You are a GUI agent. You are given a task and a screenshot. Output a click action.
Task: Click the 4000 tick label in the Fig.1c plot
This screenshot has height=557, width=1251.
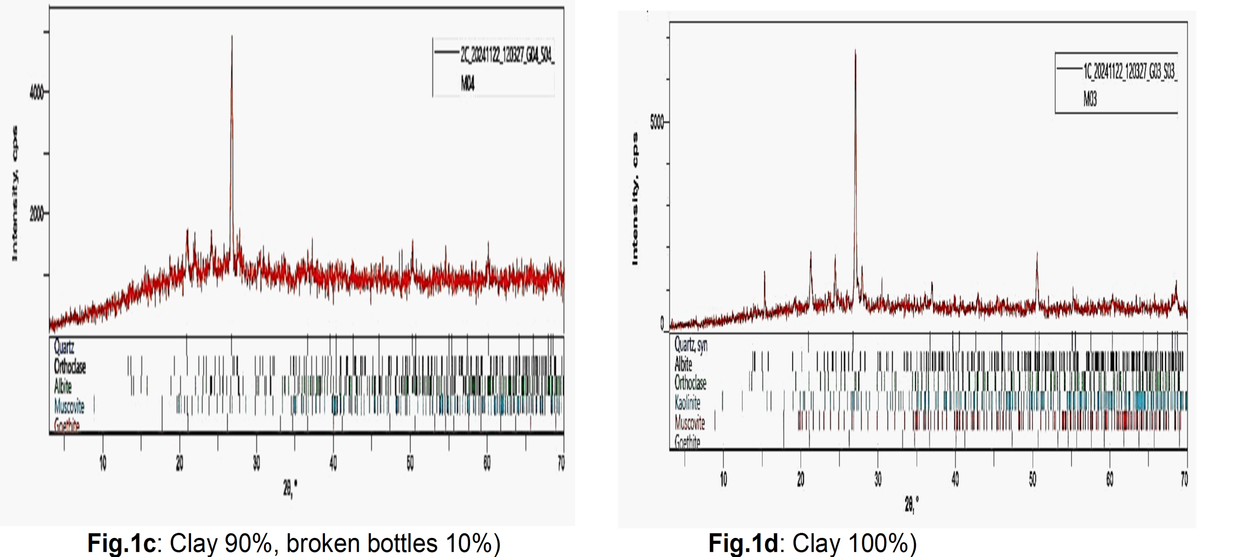[36, 92]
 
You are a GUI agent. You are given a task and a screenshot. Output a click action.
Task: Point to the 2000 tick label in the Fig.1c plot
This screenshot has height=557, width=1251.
[36, 214]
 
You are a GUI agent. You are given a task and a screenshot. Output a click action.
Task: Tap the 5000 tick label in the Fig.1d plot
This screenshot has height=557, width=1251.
[657, 122]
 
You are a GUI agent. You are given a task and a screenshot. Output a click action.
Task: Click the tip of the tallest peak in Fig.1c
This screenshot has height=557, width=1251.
[232, 36]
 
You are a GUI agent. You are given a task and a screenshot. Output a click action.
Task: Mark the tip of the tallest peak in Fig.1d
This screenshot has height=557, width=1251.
[855, 50]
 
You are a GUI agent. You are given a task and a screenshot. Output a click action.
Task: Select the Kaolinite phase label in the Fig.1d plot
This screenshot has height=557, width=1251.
[687, 403]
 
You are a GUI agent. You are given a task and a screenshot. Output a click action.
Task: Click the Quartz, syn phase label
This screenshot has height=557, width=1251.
[690, 345]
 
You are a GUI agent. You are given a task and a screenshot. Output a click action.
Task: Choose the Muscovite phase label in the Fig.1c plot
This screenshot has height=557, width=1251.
[69, 406]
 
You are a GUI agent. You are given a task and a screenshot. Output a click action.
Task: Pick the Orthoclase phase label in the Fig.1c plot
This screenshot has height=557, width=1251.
[69, 366]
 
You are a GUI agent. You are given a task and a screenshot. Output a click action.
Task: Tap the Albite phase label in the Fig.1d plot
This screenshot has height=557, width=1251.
[683, 364]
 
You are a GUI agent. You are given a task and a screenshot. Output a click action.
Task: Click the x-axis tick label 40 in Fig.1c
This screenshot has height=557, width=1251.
[333, 463]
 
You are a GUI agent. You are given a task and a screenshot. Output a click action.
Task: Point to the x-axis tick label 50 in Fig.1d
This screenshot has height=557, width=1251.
[1032, 479]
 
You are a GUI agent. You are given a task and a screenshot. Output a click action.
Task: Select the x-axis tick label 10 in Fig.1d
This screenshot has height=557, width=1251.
[723, 479]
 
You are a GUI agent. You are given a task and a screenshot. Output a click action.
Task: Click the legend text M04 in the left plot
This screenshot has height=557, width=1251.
[467, 83]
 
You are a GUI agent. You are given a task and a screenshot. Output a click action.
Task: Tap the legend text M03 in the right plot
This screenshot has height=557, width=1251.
[1090, 99]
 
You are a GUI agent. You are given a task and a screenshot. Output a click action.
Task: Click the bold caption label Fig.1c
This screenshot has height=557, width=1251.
[121, 543]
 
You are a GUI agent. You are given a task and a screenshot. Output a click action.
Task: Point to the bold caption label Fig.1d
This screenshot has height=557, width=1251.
[743, 543]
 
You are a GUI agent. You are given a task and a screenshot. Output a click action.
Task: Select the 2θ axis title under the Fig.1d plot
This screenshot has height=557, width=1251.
[911, 503]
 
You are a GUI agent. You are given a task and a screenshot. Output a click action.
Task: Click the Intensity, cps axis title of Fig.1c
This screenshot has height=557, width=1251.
[15, 193]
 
